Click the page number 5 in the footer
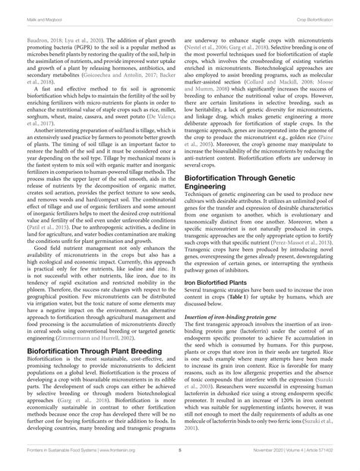pos(180,450)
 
